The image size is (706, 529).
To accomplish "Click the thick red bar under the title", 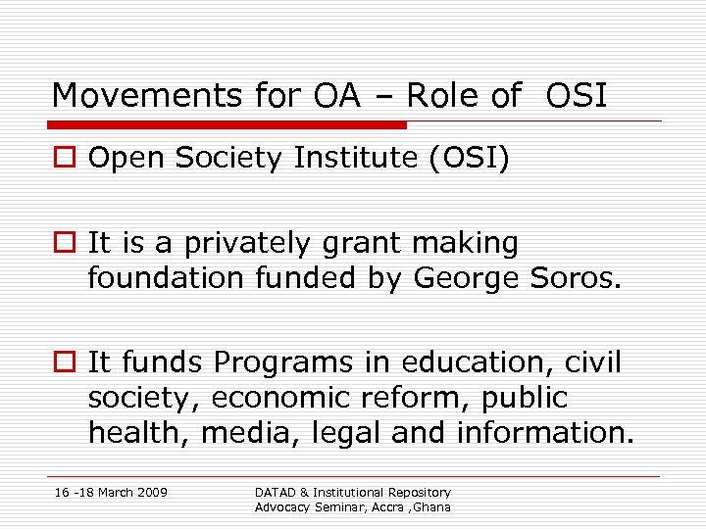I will pyautogui.click(x=229, y=125).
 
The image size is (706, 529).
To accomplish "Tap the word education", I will pyautogui.click(x=476, y=362).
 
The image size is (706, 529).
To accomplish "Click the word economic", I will pyautogui.click(x=266, y=398).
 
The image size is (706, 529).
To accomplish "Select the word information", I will pyautogui.click(x=545, y=433).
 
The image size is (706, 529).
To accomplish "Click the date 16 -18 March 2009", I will pyautogui.click(x=109, y=492).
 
